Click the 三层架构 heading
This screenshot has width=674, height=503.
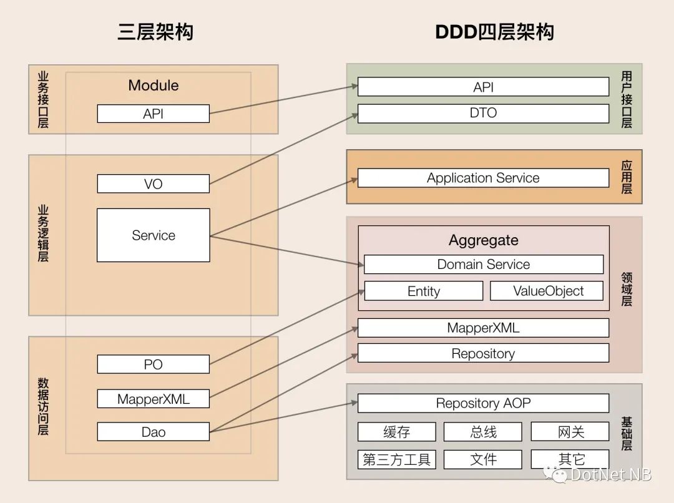155,32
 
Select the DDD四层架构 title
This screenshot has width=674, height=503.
494,32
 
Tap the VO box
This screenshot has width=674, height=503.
153,183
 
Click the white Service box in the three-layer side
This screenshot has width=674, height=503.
153,235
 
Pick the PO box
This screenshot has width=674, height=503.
153,364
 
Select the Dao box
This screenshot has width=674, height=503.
153,432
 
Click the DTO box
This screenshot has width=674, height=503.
483,113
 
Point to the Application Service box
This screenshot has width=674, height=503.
483,178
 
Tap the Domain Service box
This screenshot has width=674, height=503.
483,264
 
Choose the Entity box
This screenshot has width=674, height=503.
423,291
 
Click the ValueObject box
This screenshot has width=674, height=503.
547,291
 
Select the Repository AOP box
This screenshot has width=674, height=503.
483,403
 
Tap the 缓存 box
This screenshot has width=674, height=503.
396,432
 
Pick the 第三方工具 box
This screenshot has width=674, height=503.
396,460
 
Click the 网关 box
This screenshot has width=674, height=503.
570,432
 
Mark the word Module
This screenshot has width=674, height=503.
153,85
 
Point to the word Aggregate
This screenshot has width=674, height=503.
483,240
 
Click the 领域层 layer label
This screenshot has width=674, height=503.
626,289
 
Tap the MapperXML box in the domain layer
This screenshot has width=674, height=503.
483,328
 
